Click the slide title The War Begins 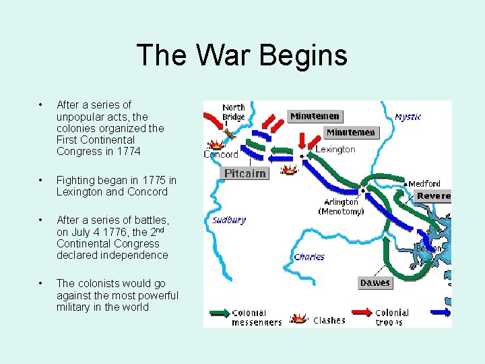pos(242,55)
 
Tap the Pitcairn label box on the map pos(245,174)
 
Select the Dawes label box pos(375,283)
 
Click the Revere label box pos(432,195)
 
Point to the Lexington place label pos(335,149)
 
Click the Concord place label pos(221,154)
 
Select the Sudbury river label pos(229,220)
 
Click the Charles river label pos(309,257)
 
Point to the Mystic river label pos(408,117)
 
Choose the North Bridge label pos(234,112)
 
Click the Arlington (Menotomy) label pos(341,206)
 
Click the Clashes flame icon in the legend pos(298,317)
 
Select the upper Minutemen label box pos(315,116)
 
